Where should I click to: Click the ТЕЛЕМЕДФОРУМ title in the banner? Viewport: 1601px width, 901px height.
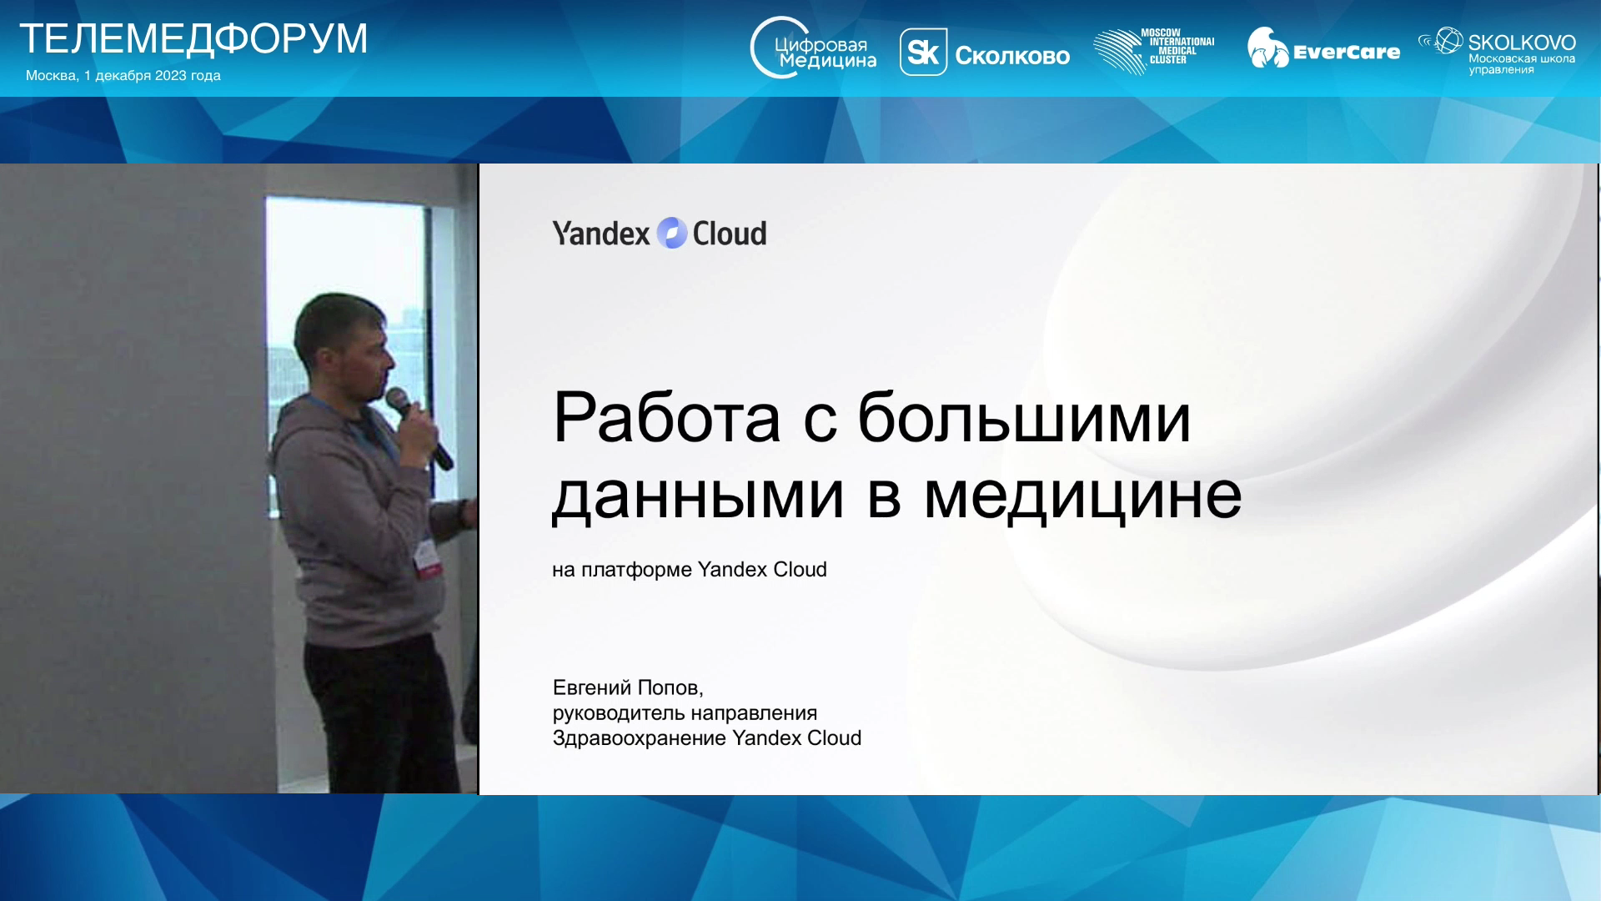193,39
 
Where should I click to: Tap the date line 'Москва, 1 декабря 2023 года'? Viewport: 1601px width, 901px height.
123,75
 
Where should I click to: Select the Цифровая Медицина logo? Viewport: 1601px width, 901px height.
813,48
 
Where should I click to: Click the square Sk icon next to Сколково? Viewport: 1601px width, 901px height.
923,53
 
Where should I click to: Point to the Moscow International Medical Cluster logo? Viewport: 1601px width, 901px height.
1154,51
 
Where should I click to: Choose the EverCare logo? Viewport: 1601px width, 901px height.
1323,48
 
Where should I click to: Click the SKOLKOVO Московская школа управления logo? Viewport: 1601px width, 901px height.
1497,51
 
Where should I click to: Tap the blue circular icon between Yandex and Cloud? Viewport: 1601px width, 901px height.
672,234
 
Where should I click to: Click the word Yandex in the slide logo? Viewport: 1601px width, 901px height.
600,234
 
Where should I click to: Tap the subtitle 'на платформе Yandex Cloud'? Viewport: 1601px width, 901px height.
690,570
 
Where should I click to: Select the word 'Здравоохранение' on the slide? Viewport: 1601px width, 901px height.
639,738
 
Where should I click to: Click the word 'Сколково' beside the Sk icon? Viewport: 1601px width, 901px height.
1012,56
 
